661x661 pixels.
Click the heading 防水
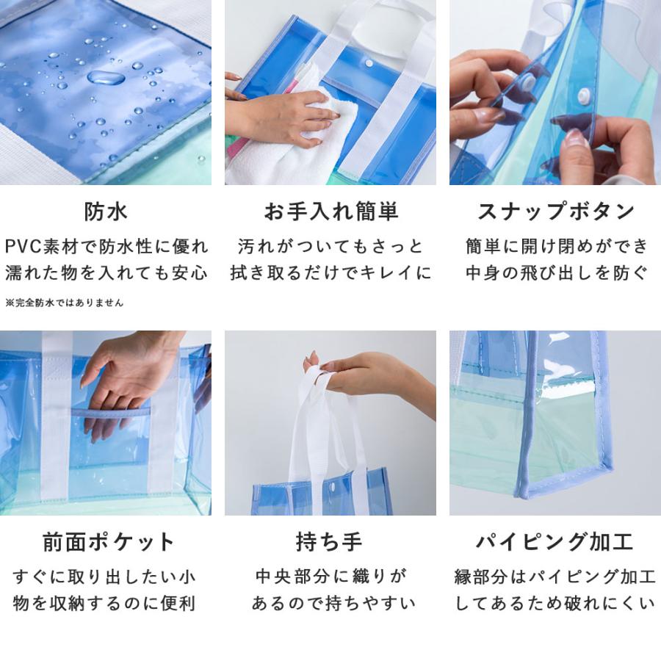(x=106, y=212)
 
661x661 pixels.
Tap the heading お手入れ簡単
(x=330, y=212)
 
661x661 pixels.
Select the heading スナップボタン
(x=555, y=212)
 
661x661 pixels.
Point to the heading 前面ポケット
(x=106, y=542)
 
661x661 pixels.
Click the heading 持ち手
(x=330, y=542)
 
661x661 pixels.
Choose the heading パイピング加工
(x=555, y=542)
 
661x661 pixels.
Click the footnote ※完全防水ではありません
(x=65, y=302)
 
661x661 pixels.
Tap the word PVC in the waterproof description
(x=25, y=245)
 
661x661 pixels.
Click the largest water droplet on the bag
(x=106, y=77)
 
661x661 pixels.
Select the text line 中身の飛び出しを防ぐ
(x=555, y=273)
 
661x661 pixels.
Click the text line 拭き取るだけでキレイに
(x=330, y=273)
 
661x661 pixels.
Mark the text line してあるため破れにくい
(x=555, y=604)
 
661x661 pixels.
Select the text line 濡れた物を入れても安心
(x=106, y=273)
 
